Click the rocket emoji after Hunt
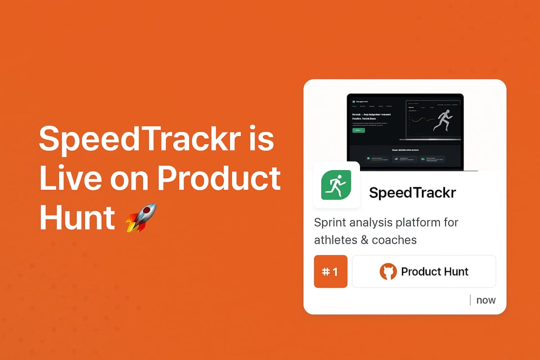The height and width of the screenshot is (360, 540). (141, 218)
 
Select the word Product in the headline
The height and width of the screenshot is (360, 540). (219, 179)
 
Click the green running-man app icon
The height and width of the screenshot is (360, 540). (336, 185)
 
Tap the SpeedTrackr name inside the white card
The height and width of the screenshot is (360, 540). (413, 193)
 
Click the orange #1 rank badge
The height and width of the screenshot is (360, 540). (331, 271)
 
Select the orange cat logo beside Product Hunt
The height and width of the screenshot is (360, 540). (388, 272)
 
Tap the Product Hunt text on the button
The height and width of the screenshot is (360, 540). (435, 272)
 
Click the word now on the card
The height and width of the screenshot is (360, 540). (486, 300)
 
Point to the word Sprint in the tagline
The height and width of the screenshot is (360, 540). (332, 223)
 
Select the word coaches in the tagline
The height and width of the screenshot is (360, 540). (394, 240)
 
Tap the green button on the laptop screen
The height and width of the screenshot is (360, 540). (359, 130)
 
